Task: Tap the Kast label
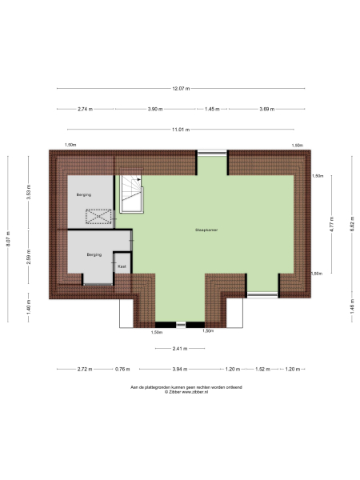pyautogui.click(x=122, y=266)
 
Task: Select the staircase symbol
pyautogui.click(x=131, y=194)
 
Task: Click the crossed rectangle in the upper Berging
pyautogui.click(x=99, y=215)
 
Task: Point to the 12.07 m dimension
pyautogui.click(x=180, y=88)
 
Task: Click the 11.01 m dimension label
pyautogui.click(x=180, y=129)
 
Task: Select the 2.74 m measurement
pyautogui.click(x=86, y=109)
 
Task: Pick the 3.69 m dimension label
pyautogui.click(x=268, y=109)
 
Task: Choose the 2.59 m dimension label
pyautogui.click(x=29, y=258)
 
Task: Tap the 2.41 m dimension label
pyautogui.click(x=180, y=348)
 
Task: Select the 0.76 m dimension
pyautogui.click(x=122, y=369)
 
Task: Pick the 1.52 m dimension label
pyautogui.click(x=262, y=369)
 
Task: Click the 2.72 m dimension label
pyautogui.click(x=85, y=369)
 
